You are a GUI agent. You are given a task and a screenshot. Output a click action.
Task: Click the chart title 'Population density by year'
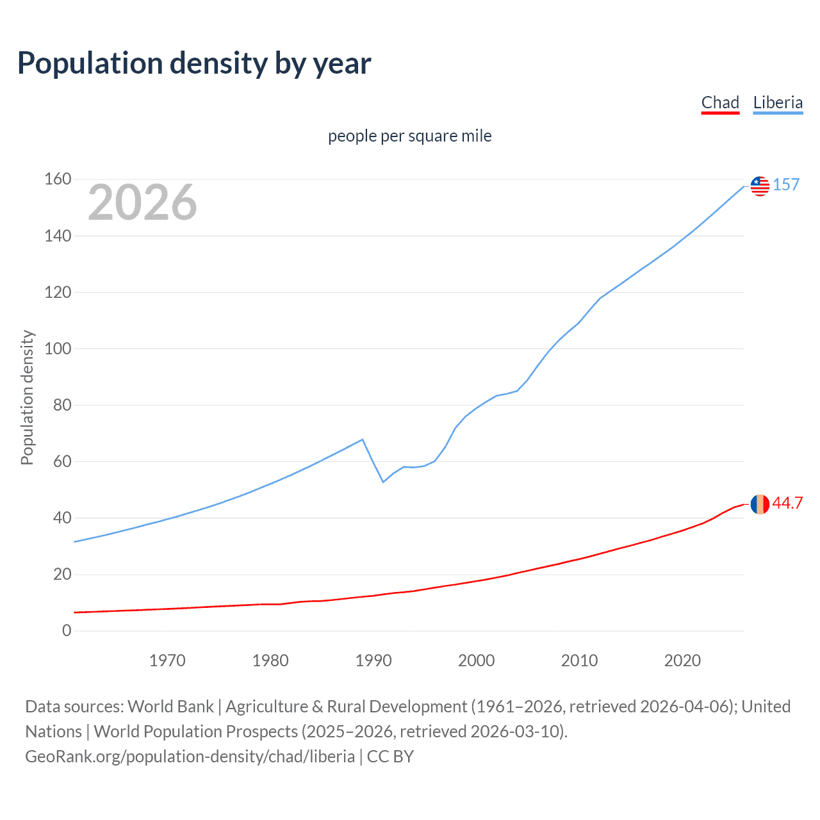(x=194, y=63)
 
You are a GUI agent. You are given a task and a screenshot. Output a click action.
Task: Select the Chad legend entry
(x=720, y=102)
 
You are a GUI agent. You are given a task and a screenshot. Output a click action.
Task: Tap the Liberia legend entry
(x=778, y=102)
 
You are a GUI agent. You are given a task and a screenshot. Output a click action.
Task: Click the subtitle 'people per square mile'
(x=410, y=136)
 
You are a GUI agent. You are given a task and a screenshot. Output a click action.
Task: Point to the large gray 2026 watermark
(x=142, y=202)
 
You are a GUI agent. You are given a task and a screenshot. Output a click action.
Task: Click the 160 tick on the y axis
(x=58, y=179)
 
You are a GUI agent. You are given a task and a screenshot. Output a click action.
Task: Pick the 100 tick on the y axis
(x=58, y=349)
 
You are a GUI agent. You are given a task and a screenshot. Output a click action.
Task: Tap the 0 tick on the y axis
(x=67, y=631)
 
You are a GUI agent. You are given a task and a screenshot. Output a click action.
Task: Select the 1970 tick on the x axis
(x=167, y=660)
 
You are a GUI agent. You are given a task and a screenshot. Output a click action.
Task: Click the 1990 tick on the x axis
(x=373, y=660)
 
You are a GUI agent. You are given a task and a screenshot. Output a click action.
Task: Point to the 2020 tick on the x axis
(x=682, y=660)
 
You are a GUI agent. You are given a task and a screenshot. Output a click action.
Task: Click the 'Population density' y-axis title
(x=27, y=397)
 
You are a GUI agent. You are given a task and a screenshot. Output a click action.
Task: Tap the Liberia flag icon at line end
(x=760, y=186)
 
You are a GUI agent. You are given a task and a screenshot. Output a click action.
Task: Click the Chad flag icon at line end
(x=760, y=504)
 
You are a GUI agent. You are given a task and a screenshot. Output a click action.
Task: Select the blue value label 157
(x=786, y=184)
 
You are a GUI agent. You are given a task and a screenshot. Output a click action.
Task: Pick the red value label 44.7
(x=787, y=503)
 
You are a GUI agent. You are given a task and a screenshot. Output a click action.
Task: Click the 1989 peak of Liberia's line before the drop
(x=363, y=439)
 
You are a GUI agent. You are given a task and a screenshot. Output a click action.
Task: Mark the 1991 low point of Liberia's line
(x=383, y=482)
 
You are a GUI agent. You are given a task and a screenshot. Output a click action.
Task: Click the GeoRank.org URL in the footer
(x=190, y=757)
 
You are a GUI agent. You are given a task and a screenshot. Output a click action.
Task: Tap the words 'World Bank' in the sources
(x=170, y=707)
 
